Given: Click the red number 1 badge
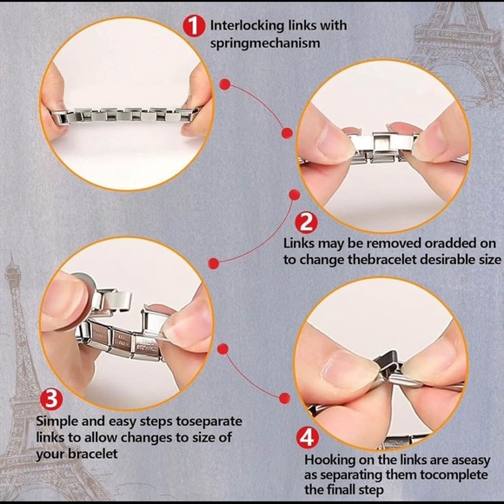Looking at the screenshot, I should (194, 25).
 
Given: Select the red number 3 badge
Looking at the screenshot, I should (51, 401).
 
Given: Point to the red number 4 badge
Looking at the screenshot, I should (308, 436).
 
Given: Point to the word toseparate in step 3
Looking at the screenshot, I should (209, 421).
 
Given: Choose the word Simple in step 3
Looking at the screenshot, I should (56, 421).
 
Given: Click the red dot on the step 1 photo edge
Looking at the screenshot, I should (224, 84).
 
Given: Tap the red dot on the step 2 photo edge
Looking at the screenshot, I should (287, 132).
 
